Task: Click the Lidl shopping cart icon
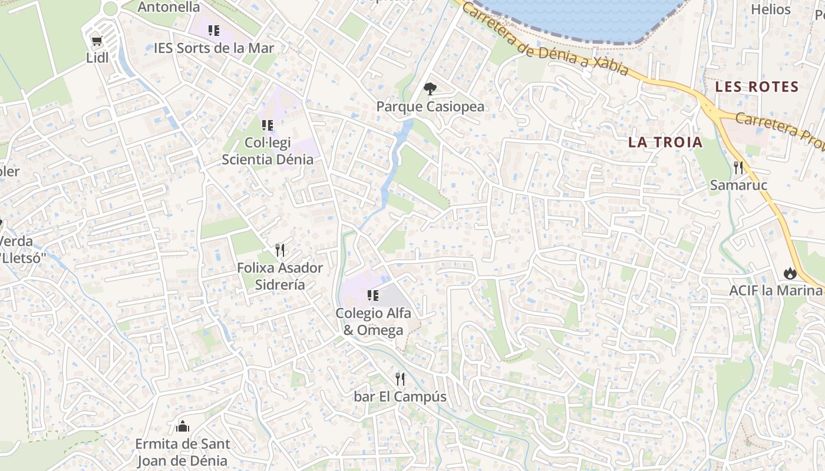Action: tap(97, 41)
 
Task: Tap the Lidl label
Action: tap(97, 58)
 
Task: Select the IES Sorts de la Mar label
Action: tap(214, 48)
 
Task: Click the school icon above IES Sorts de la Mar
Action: tap(214, 30)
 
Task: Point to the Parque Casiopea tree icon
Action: tap(430, 89)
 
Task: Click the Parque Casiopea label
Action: tap(430, 107)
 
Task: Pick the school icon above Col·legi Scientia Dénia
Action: tap(268, 125)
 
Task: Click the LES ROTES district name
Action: tap(757, 87)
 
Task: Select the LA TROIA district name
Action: tap(665, 142)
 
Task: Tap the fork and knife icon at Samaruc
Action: tap(738, 168)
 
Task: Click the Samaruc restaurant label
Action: tap(738, 185)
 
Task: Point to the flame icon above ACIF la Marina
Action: tap(790, 273)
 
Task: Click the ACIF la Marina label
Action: tap(775, 290)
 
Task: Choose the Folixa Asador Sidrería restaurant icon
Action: tap(280, 250)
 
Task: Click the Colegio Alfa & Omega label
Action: tap(373, 321)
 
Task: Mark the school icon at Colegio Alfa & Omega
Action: tap(372, 295)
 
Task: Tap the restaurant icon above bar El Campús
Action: tap(400, 379)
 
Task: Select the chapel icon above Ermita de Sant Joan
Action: tap(183, 426)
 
